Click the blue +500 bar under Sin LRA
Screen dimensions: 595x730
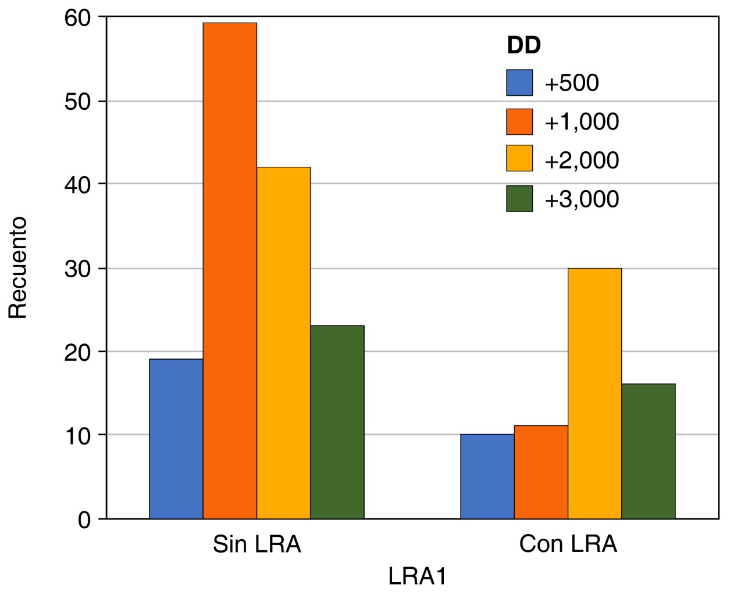pyautogui.click(x=176, y=439)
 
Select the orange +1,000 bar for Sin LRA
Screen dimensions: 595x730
pyautogui.click(x=230, y=271)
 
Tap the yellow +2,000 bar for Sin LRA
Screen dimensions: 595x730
pyautogui.click(x=283, y=343)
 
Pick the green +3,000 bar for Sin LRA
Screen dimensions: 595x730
pyautogui.click(x=337, y=422)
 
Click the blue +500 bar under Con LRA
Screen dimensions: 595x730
pyautogui.click(x=487, y=476)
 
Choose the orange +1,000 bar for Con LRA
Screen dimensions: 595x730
pyautogui.click(x=541, y=472)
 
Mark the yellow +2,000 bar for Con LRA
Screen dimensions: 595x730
pyautogui.click(x=594, y=393)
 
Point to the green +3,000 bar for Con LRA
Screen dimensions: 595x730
pyautogui.click(x=649, y=451)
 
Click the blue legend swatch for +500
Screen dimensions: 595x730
pyautogui.click(x=519, y=83)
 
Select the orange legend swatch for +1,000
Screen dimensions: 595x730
pyautogui.click(x=519, y=121)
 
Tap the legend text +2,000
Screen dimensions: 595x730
pyautogui.click(x=581, y=160)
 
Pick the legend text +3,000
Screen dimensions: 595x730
pyautogui.click(x=581, y=199)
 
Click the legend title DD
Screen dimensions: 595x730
pyautogui.click(x=524, y=45)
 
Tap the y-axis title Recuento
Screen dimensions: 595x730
pyautogui.click(x=18, y=267)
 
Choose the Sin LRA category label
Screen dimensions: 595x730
pyautogui.click(x=257, y=544)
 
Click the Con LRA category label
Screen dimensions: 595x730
pyautogui.click(x=568, y=544)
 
